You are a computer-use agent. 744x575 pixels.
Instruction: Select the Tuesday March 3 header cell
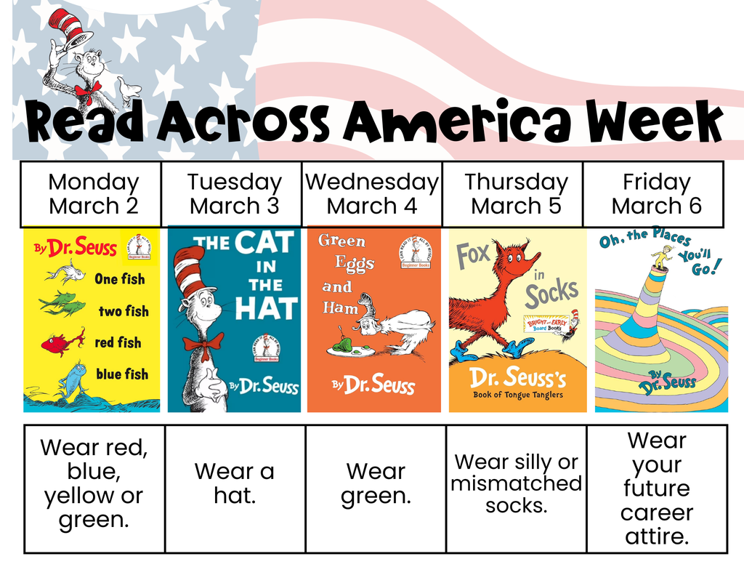232,194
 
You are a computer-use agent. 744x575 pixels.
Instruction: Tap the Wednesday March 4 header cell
372,194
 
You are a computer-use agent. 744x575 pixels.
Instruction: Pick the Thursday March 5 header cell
515,194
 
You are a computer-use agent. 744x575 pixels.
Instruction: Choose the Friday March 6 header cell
655,194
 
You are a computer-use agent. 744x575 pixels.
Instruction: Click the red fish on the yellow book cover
62,343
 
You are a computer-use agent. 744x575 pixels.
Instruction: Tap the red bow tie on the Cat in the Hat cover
203,343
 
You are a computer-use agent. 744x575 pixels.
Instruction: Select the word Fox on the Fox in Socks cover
473,256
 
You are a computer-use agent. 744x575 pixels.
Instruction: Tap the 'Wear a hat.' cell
235,484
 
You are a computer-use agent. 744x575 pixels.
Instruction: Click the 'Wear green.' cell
376,484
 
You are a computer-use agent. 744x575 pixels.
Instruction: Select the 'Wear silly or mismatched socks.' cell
516,484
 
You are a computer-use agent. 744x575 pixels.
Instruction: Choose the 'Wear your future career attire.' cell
657,488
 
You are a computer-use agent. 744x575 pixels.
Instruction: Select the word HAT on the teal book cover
266,308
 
